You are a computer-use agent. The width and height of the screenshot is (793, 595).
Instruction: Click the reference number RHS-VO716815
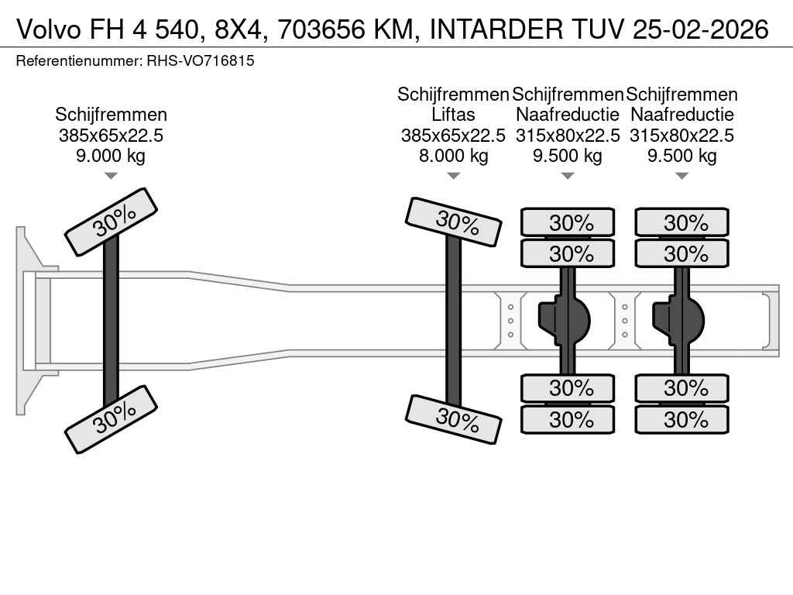pos(201,60)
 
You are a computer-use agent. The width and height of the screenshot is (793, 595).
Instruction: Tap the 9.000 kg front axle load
pos(111,155)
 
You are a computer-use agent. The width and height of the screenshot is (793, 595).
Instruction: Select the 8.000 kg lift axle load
pos(453,155)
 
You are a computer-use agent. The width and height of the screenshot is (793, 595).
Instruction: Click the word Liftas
pos(453,115)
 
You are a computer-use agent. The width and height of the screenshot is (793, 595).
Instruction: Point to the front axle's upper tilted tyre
pos(111,222)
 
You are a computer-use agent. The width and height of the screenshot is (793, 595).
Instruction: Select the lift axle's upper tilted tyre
pos(453,222)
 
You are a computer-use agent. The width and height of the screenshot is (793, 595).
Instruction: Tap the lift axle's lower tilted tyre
pos(453,419)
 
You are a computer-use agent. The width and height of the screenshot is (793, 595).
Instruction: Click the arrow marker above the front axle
pos(111,176)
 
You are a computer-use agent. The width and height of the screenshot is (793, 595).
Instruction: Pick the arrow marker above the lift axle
pos(453,176)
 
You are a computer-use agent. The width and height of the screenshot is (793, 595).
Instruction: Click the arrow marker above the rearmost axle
pos(681,176)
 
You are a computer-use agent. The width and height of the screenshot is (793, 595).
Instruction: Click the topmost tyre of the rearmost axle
pos(681,223)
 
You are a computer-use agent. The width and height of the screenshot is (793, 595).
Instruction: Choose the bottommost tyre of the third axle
pos(568,420)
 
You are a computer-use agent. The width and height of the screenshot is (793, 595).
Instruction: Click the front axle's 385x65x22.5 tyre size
pos(111,135)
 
